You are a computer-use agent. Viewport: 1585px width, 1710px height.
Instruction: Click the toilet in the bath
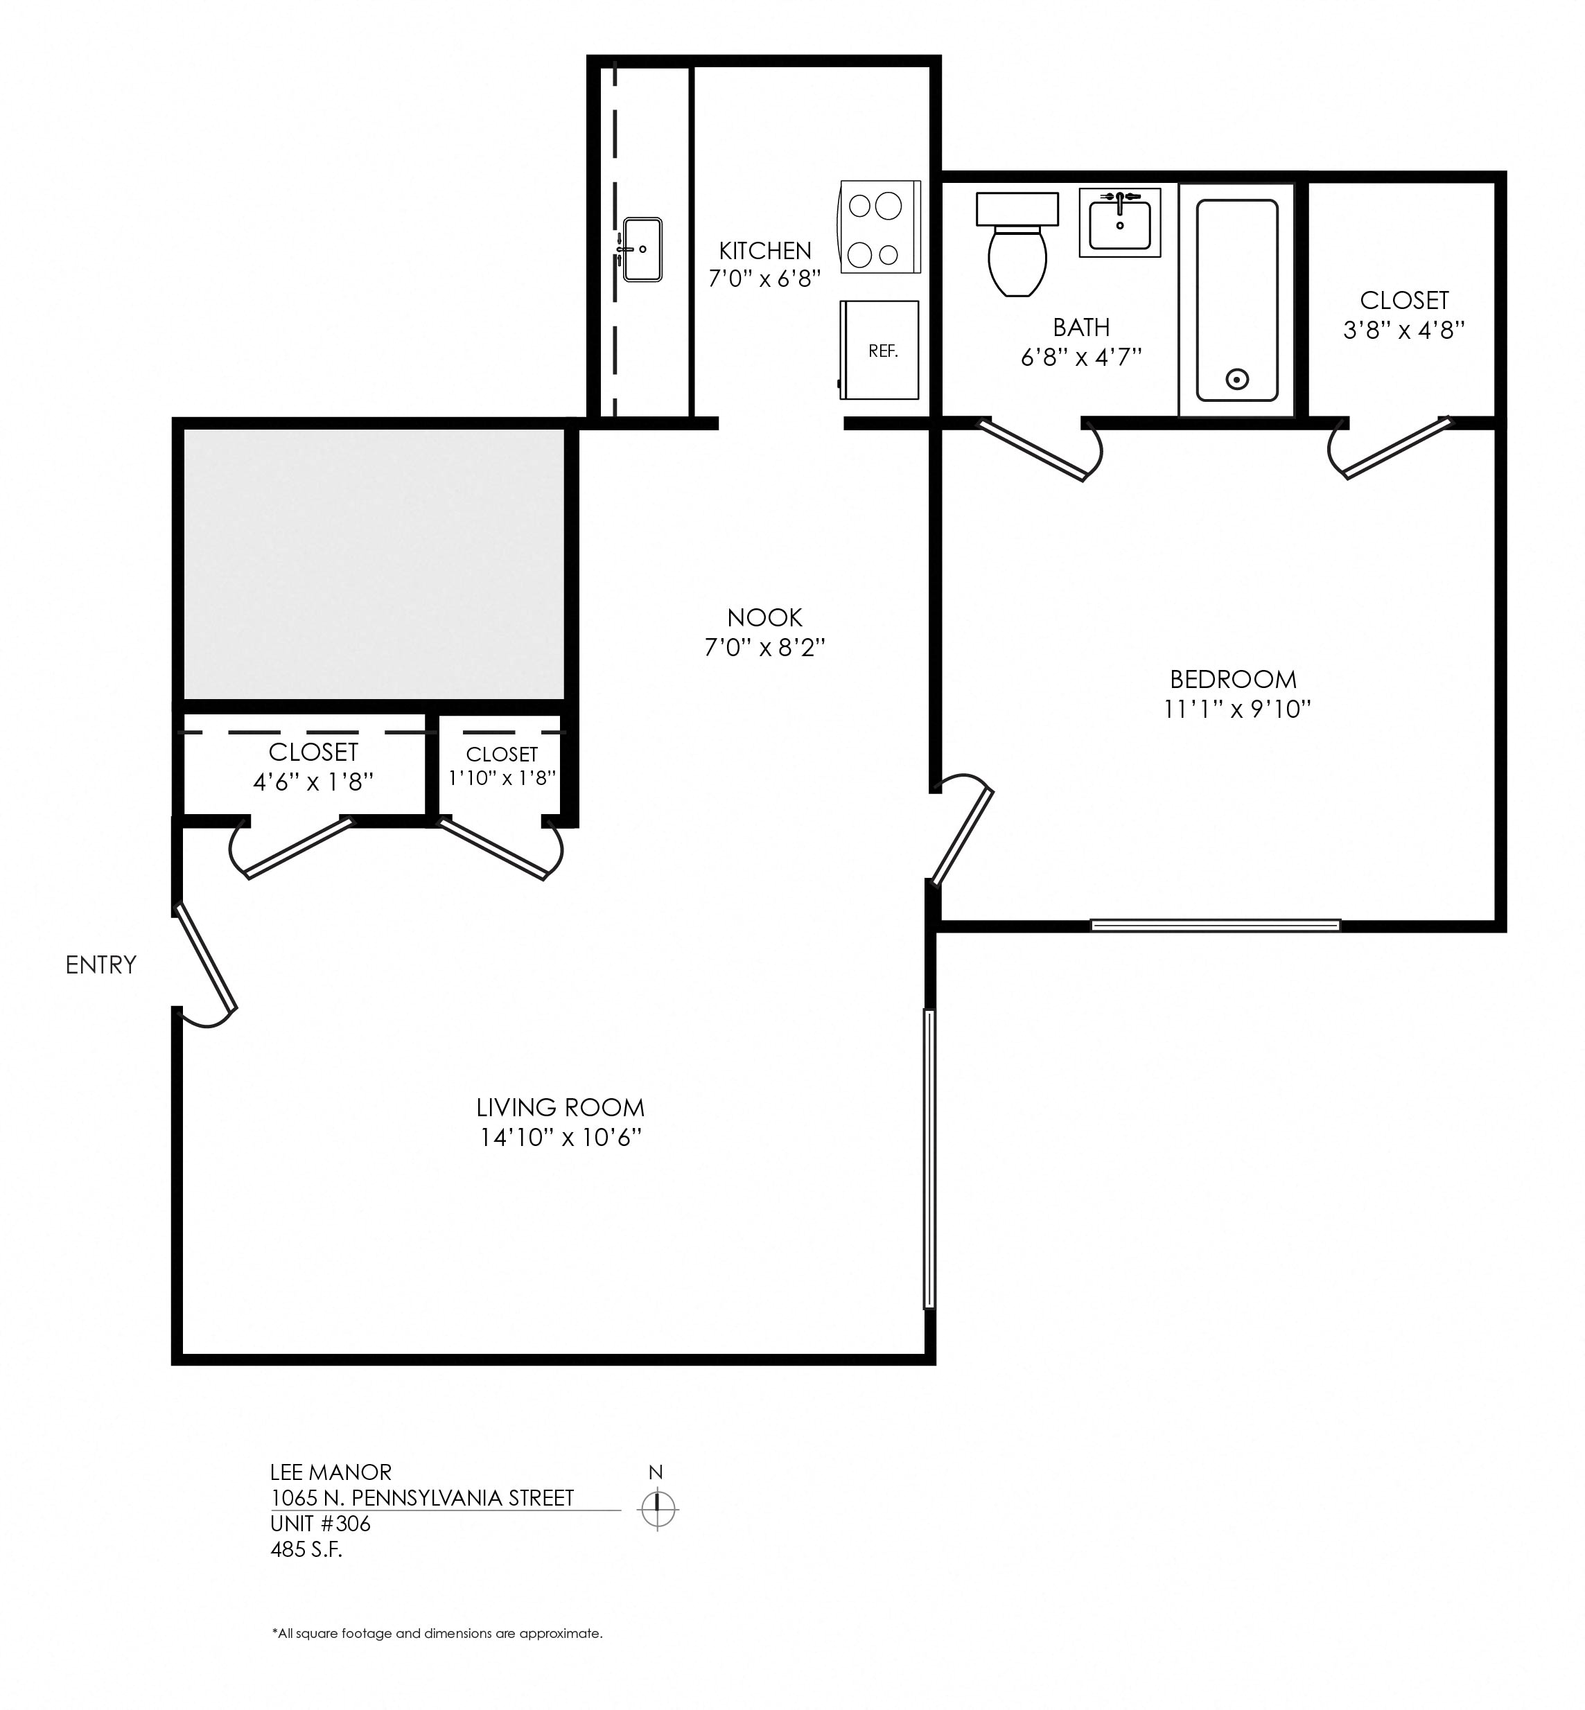tap(1017, 244)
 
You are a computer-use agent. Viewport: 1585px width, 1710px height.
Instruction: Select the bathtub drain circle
tap(1237, 378)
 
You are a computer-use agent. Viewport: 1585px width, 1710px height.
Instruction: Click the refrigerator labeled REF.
tap(879, 349)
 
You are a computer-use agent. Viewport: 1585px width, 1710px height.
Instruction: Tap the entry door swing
tap(206, 963)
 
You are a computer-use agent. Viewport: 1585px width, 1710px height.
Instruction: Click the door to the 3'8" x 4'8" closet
tap(1390, 448)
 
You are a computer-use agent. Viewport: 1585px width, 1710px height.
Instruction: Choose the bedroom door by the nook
tap(963, 831)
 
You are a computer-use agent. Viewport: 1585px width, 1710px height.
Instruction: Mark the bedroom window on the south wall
tap(1216, 925)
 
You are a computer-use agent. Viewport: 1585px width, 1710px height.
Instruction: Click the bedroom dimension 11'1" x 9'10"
tap(1238, 709)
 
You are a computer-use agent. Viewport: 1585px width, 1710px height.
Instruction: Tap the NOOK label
tap(764, 617)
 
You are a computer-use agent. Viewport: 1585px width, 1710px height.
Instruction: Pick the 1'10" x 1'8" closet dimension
tap(502, 778)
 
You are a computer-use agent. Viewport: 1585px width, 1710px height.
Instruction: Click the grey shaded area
tap(374, 564)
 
